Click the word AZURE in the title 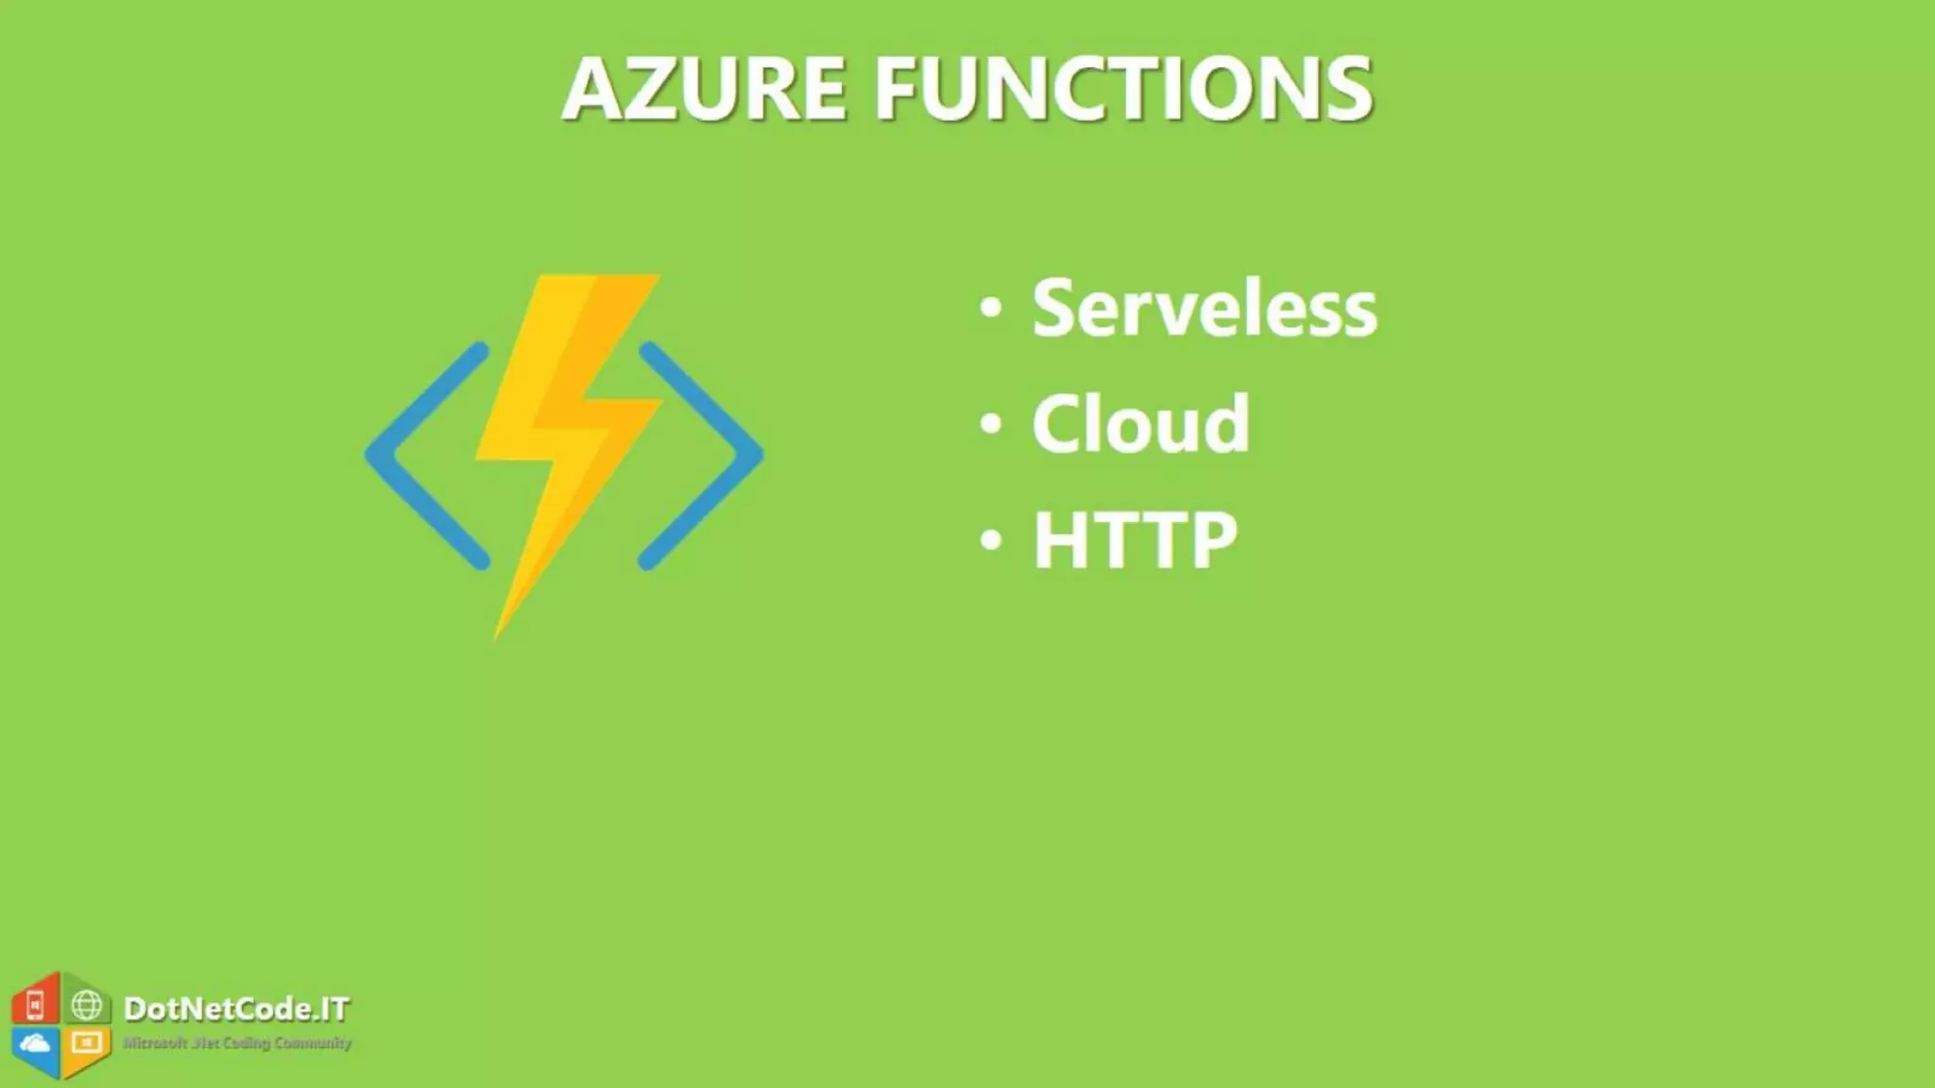tap(704, 89)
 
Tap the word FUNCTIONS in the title tap(1123, 89)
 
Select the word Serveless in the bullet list tap(1205, 308)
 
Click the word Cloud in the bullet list tap(1140, 424)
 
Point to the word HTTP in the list tap(1135, 540)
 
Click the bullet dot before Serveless tap(990, 307)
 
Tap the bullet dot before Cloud tap(990, 423)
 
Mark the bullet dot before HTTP tap(990, 540)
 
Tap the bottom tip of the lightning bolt tap(498, 633)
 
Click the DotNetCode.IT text tap(236, 1009)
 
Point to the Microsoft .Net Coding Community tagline tap(237, 1043)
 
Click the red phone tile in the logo tap(35, 1005)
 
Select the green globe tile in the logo tap(87, 1005)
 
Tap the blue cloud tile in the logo tap(36, 1045)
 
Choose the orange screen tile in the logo tap(87, 1044)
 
